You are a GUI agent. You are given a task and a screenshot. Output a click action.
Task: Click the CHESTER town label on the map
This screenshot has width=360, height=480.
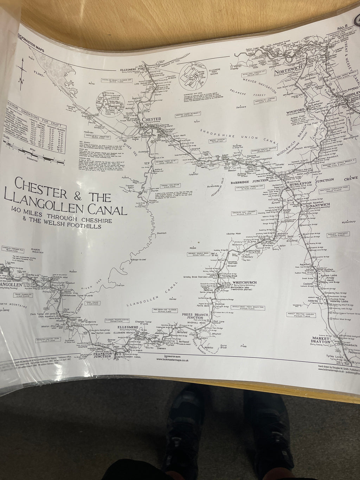[152, 119]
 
